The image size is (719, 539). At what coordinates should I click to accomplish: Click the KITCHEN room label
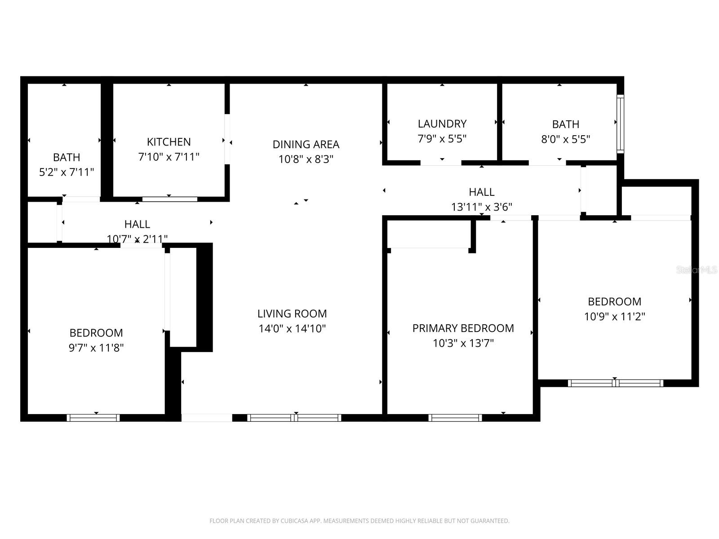[169, 142]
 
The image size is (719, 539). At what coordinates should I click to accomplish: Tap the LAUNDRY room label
[442, 124]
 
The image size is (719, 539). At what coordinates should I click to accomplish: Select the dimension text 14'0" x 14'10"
[292, 328]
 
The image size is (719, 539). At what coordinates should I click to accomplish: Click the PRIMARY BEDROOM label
[463, 328]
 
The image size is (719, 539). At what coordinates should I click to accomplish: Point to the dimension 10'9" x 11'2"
[614, 316]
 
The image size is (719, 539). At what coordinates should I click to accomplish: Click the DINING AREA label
[306, 144]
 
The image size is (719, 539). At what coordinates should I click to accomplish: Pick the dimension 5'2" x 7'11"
[67, 172]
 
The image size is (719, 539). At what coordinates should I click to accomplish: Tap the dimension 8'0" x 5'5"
[565, 139]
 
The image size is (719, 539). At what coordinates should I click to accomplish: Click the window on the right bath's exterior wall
[620, 124]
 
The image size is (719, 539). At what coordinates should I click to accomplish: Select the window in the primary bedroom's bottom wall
[455, 418]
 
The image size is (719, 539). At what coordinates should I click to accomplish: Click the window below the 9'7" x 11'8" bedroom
[93, 418]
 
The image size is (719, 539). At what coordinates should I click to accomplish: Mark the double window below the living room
[294, 418]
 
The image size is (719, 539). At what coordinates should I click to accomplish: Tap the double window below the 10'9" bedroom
[615, 383]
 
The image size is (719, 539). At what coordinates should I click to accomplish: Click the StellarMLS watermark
[697, 270]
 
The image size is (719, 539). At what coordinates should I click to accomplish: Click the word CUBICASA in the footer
[295, 521]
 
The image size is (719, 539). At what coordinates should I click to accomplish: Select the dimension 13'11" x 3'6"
[481, 207]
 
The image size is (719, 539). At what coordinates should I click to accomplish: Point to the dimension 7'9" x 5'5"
[442, 138]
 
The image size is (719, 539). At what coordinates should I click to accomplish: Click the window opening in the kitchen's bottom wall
[169, 199]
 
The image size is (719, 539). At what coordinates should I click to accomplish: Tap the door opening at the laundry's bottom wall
[441, 163]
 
